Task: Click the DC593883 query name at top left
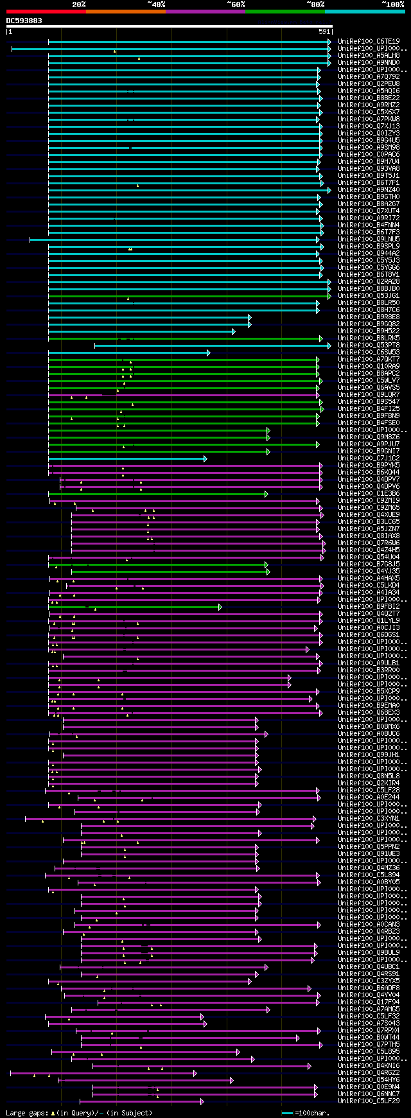pos(24,21)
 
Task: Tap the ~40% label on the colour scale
pos(156,4)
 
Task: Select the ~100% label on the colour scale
pos(392,4)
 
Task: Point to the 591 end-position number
pos(324,31)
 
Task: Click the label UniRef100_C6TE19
pos(369,41)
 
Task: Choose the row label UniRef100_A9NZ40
pos(369,189)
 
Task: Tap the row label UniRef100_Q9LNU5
pos(369,239)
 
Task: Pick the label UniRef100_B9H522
pos(369,331)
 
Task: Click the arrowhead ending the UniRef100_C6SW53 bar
pos(208,353)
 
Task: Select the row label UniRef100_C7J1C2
pos(369,458)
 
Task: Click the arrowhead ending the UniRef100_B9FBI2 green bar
pos(220,607)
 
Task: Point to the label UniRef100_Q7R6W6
pos(369,543)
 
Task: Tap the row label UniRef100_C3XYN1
pos(369,818)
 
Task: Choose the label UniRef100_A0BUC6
pos(369,733)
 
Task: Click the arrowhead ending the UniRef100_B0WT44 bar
pos(298,1037)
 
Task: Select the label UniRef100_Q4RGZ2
pos(369,1072)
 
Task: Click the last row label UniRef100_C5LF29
pos(369,1101)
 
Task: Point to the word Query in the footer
pos(76,1113)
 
